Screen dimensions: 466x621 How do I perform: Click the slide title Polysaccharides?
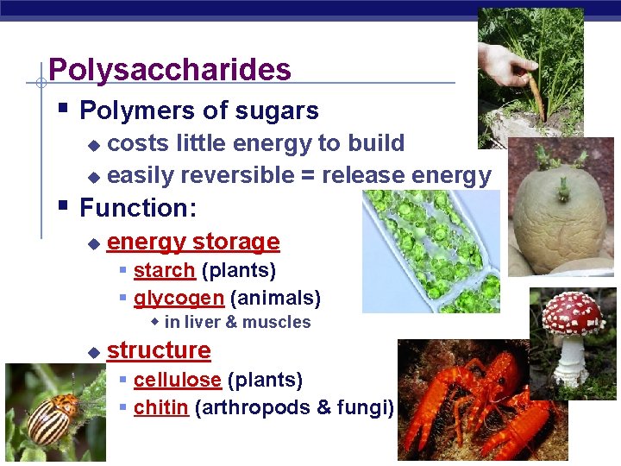pos(170,69)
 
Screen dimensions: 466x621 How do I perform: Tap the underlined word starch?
pos(164,271)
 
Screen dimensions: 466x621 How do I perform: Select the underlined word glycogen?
pos(179,299)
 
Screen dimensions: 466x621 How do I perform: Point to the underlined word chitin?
pos(160,407)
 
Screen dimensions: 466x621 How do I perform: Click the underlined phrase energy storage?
pos(193,242)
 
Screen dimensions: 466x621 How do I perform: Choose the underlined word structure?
pos(159,350)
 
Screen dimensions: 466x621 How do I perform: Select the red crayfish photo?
pos(470,401)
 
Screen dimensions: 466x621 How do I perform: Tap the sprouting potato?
pos(561,211)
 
